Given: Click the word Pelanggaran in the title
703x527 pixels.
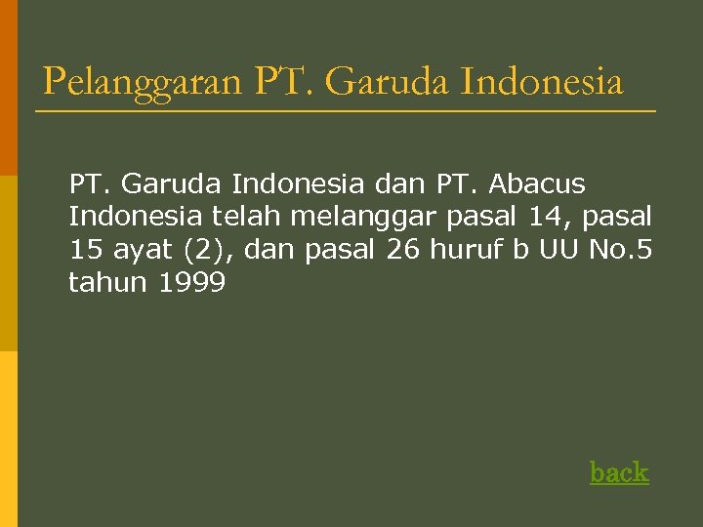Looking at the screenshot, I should pyautogui.click(x=142, y=82).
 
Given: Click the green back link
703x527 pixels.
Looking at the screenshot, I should pyautogui.click(x=619, y=472).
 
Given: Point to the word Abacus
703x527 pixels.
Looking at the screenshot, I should pyautogui.click(x=537, y=183).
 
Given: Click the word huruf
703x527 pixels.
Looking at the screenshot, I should pyautogui.click(x=471, y=250).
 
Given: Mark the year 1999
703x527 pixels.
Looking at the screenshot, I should pyautogui.click(x=191, y=283).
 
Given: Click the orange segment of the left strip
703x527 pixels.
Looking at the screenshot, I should pyautogui.click(x=9, y=88).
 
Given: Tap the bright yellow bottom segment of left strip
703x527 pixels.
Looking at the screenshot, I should pyautogui.click(x=9, y=439).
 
